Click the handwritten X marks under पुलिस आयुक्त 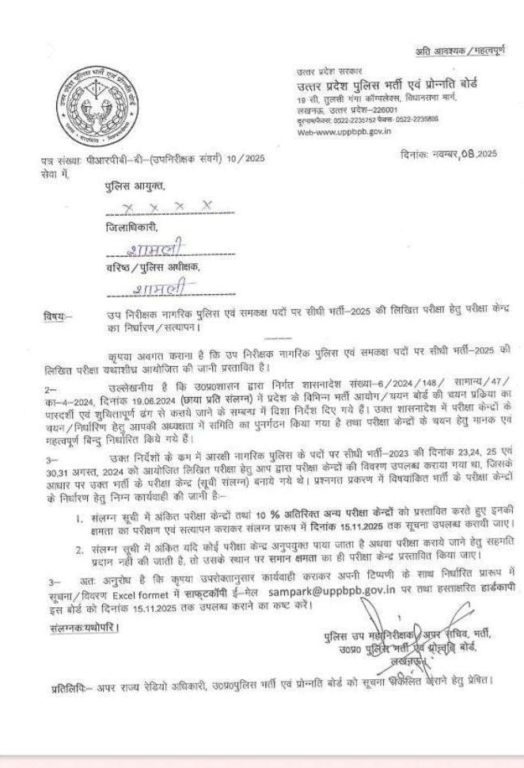pyautogui.click(x=164, y=206)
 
